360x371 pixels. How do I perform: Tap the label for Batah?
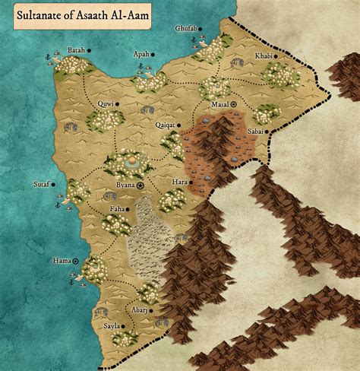(x=76, y=50)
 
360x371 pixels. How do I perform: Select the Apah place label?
(x=141, y=55)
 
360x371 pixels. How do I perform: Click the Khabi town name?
(x=283, y=56)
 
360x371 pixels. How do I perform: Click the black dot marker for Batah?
(x=90, y=50)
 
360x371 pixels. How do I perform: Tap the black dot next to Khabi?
(x=297, y=56)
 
